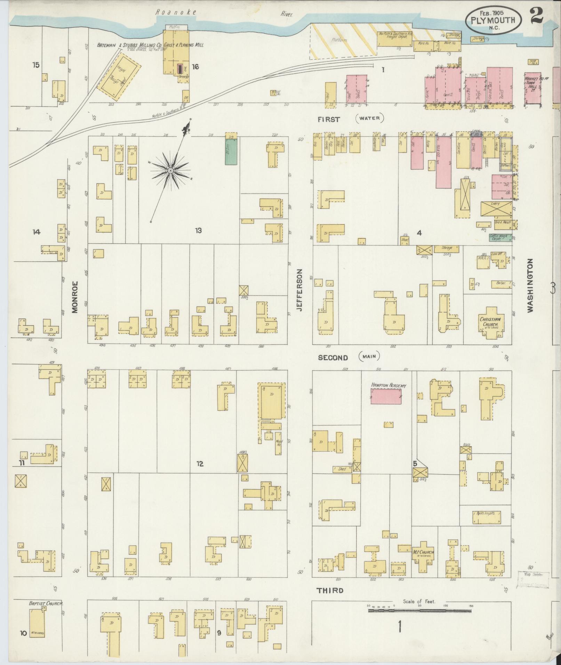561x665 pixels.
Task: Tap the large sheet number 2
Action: tap(537, 16)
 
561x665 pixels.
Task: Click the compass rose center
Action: tap(170, 171)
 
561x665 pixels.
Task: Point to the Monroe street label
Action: tap(75, 298)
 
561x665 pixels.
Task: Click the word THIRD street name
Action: tap(330, 590)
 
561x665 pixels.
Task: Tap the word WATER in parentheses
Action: tap(370, 119)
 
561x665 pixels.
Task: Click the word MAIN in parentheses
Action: tap(369, 356)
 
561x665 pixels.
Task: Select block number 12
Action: tap(200, 464)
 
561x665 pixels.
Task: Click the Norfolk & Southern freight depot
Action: tap(394, 39)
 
